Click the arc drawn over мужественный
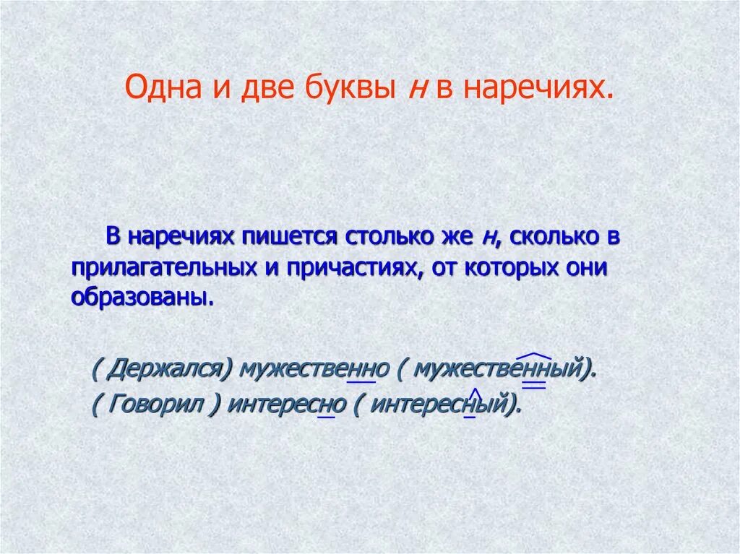(x=535, y=355)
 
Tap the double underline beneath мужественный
(x=533, y=386)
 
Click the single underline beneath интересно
(x=327, y=417)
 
